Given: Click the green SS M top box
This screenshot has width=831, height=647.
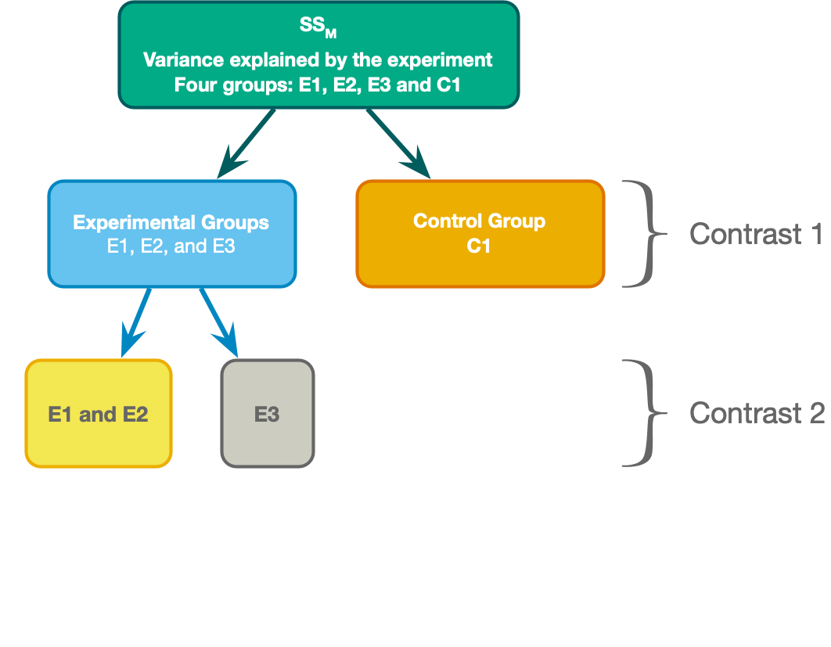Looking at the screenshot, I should point(318,54).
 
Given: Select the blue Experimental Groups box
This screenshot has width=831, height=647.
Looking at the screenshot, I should point(171,234).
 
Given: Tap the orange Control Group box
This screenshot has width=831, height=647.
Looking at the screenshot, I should point(480,234).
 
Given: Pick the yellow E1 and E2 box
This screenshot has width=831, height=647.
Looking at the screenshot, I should point(98,414).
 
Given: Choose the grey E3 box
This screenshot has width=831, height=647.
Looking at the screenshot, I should point(267,414).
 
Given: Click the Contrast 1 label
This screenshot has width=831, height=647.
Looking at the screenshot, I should point(756,234).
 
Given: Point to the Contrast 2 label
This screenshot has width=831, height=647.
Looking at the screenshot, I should point(757,413).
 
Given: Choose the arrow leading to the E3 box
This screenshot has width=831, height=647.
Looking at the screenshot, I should point(218,322).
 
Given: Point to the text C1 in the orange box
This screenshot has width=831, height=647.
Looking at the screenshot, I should point(479,246).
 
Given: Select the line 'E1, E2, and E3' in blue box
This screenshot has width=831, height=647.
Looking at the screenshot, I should point(171,246).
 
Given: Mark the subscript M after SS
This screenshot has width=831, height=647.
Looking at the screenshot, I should point(331,34).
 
